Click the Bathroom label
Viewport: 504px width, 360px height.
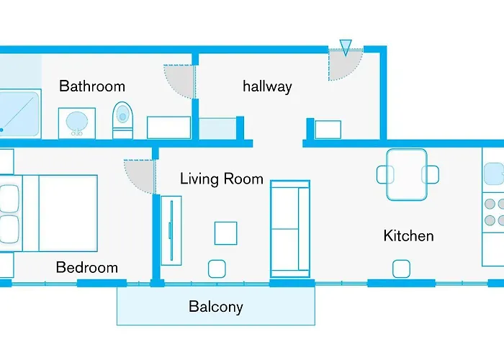92,86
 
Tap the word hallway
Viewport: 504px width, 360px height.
267,86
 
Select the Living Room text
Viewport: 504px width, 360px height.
222,179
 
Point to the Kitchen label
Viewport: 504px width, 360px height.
408,235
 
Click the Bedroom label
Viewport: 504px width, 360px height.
87,267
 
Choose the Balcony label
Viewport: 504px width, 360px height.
216,306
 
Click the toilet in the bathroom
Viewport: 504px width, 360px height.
122,120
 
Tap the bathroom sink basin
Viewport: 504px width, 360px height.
77,122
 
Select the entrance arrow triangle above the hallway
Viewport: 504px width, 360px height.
346,47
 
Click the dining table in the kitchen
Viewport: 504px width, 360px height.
407,174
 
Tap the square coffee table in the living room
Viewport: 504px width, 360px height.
225,233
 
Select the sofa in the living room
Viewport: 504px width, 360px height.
290,229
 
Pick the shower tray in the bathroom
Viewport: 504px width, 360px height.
19,114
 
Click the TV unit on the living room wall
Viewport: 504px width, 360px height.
171,230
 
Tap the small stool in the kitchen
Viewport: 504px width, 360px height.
401,269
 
